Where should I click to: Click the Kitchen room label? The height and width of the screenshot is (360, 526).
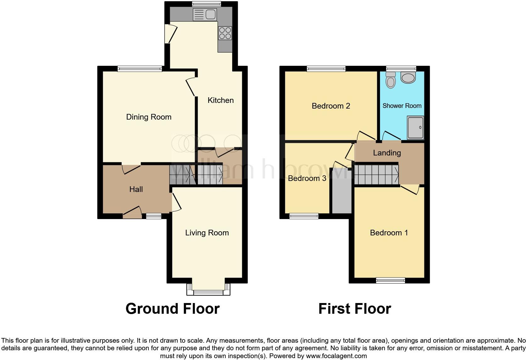click(221, 100)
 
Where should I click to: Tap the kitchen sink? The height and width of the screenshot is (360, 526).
click(204, 14)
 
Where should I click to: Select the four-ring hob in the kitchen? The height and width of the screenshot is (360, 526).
click(225, 33)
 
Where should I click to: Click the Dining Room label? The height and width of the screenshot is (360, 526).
click(148, 117)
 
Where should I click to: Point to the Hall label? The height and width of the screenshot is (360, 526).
click(136, 189)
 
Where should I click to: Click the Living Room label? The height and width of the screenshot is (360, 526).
click(207, 233)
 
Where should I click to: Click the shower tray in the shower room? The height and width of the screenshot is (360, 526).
click(416, 128)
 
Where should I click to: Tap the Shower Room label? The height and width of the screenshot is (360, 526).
click(402, 106)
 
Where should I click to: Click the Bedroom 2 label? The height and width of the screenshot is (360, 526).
click(331, 106)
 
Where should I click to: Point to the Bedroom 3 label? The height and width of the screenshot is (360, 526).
click(307, 178)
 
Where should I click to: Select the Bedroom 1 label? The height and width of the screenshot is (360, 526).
click(389, 233)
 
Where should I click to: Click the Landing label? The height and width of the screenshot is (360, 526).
click(387, 153)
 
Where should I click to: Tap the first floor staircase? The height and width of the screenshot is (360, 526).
click(377, 175)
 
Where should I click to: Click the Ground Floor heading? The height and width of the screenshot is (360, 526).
click(172, 309)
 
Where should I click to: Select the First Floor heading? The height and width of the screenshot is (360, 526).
click(355, 309)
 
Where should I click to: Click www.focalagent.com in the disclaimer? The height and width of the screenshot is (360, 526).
click(336, 356)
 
